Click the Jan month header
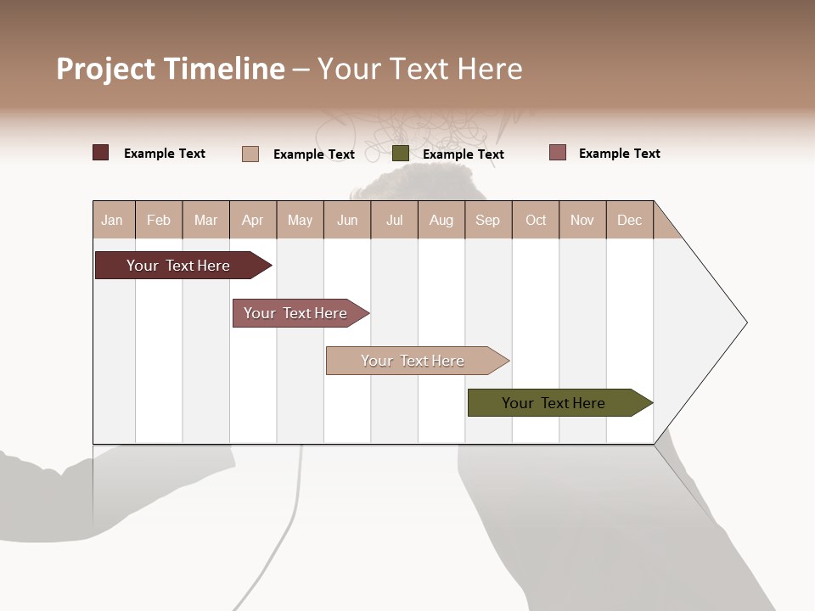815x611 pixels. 113,220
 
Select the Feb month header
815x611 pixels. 159,220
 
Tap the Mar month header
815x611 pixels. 205,220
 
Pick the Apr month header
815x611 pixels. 253,220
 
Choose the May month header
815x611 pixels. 300,220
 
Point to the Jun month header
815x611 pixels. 347,220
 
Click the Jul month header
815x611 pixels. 394,220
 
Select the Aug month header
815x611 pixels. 441,220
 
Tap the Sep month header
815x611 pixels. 488,220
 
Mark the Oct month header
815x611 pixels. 536,220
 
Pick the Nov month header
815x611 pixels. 582,220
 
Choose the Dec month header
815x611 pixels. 630,220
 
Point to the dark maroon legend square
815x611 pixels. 101,153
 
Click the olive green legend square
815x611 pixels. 401,154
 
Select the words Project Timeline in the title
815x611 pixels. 171,69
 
